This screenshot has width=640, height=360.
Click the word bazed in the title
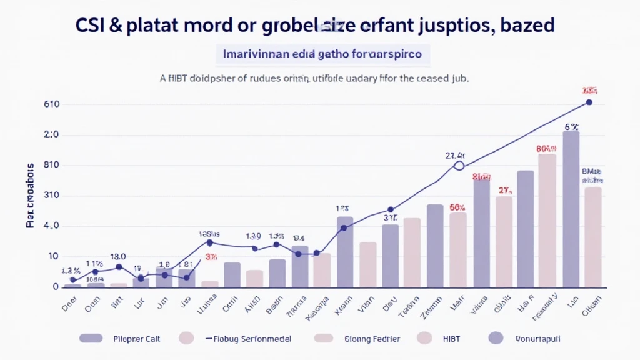525,26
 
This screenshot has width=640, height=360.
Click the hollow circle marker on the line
459,166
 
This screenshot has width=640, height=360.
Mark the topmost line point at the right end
588,102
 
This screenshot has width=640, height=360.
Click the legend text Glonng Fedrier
372,339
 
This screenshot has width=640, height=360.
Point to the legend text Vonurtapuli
533,339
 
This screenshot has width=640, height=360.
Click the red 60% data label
457,207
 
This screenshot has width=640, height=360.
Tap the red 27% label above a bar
504,191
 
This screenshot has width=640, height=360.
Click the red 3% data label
211,257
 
